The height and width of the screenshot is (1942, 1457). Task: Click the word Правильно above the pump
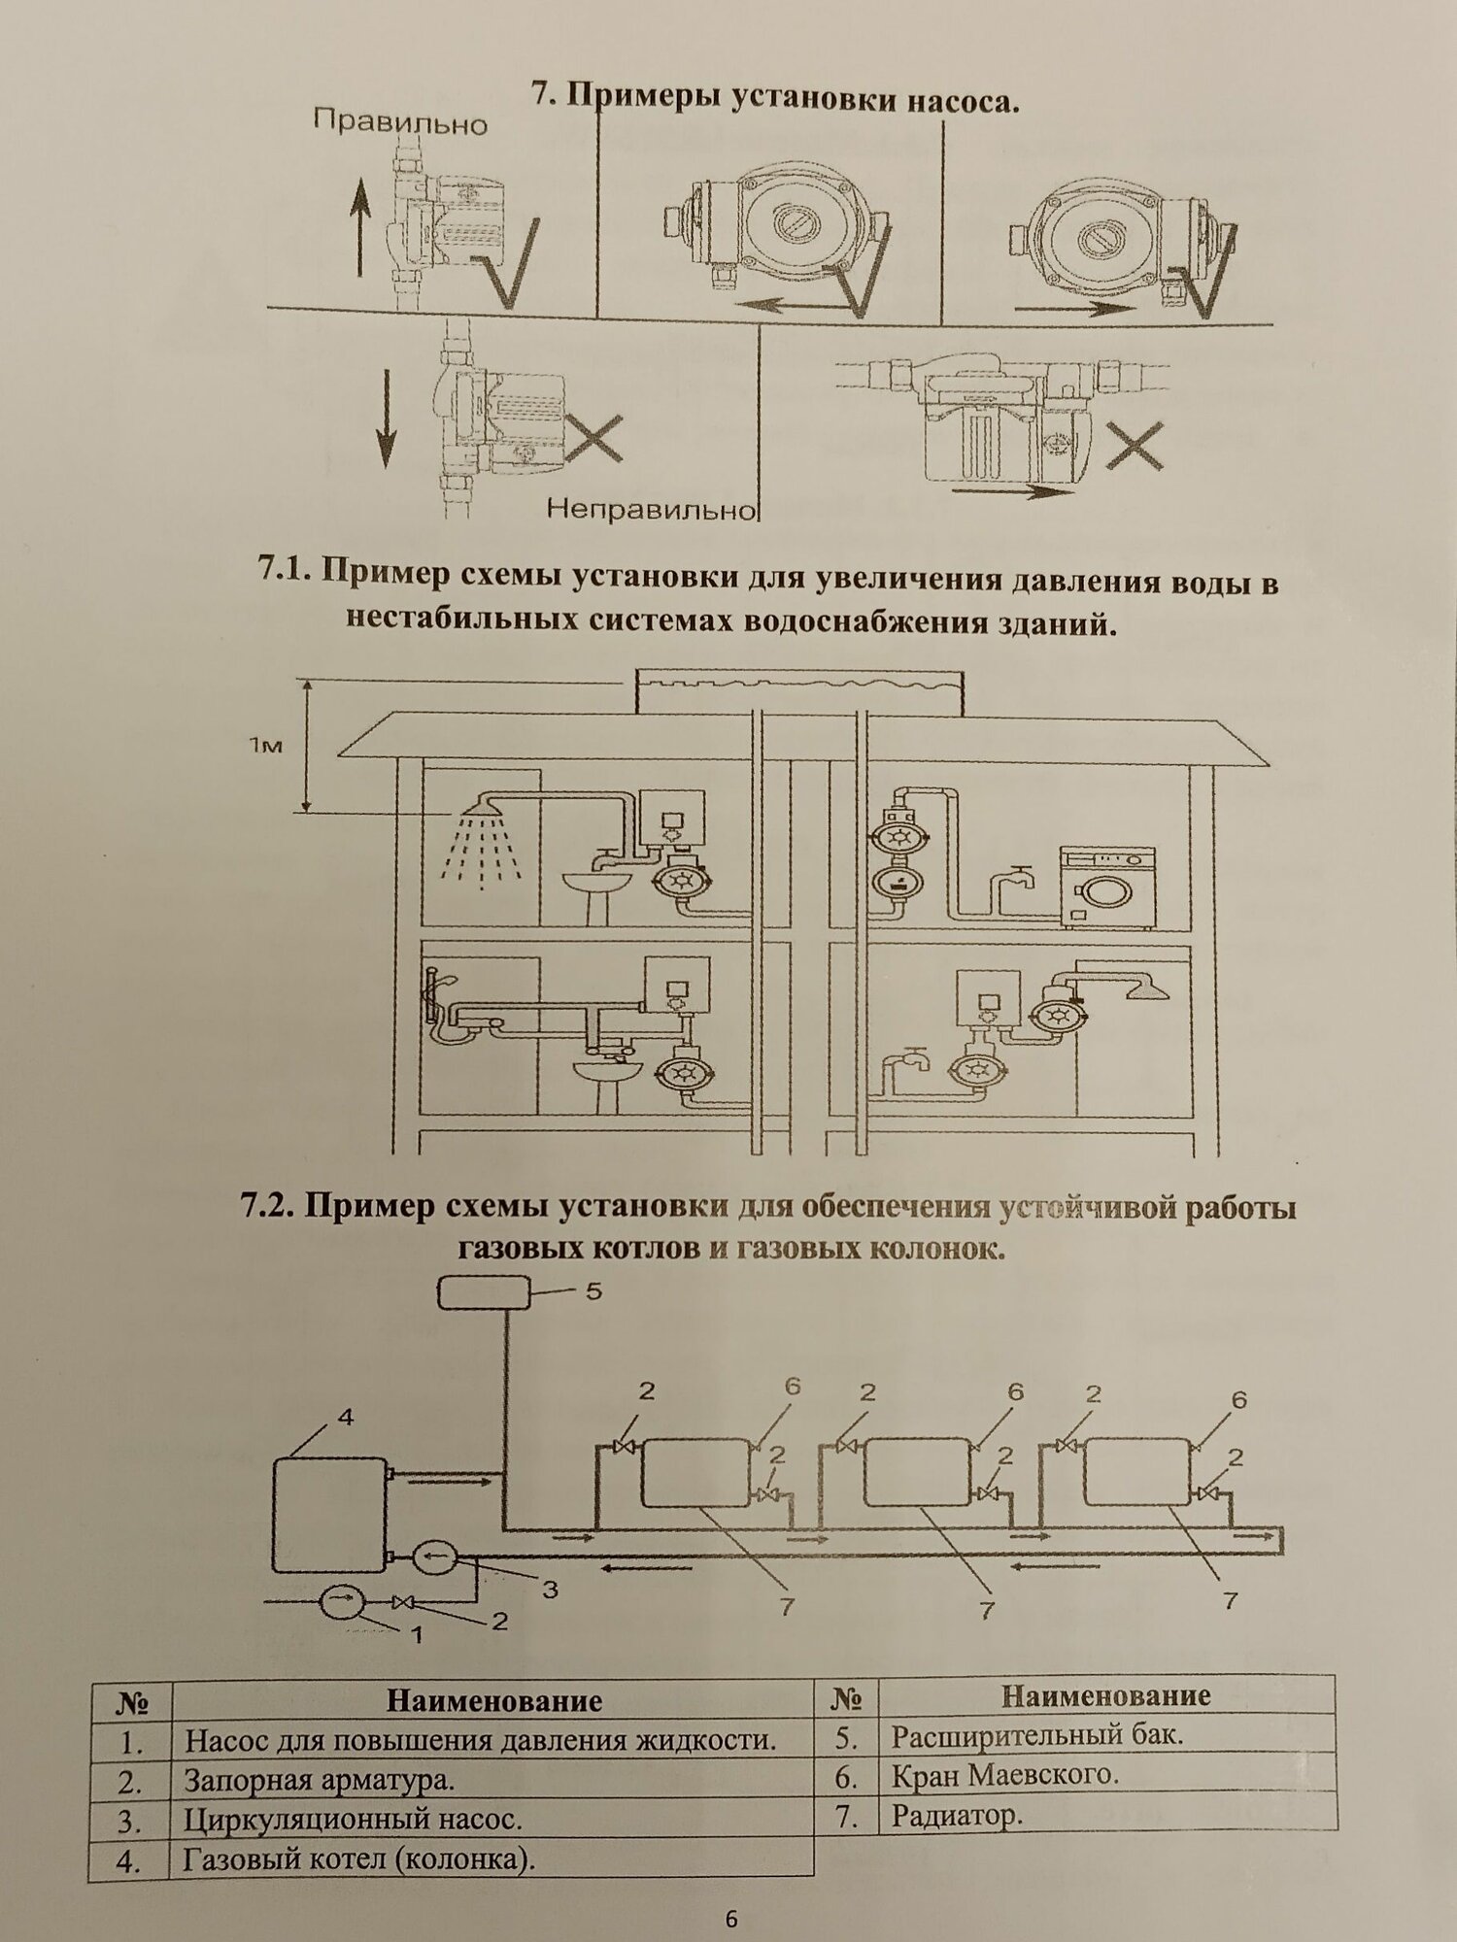[400, 123]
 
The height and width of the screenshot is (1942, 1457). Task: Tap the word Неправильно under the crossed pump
[651, 508]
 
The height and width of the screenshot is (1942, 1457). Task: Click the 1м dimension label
[265, 746]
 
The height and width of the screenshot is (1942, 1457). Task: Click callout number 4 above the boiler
[346, 1417]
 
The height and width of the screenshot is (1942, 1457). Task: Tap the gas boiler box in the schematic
[329, 1514]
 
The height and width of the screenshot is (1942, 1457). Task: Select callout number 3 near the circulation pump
[549, 1590]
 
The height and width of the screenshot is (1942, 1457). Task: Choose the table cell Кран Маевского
[1005, 1775]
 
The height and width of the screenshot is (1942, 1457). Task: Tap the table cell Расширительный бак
[1037, 1734]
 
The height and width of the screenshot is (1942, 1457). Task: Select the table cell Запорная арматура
[320, 1780]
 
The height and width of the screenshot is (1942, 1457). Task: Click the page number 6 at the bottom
[731, 1919]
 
